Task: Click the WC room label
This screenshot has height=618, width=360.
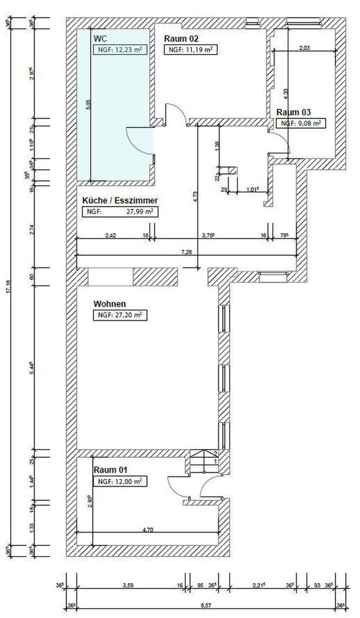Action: coord(100,39)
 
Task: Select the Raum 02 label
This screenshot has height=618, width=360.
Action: coord(180,39)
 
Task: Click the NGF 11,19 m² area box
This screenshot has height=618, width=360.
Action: coord(191,49)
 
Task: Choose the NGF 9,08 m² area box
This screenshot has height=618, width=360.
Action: coord(299,122)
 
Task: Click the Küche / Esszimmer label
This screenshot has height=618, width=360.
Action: coord(120,200)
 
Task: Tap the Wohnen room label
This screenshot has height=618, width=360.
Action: coord(109,304)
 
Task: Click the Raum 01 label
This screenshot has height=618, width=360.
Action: coord(109,470)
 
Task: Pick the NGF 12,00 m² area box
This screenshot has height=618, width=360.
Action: coord(119,481)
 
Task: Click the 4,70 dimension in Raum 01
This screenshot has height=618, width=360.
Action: coord(147,529)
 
